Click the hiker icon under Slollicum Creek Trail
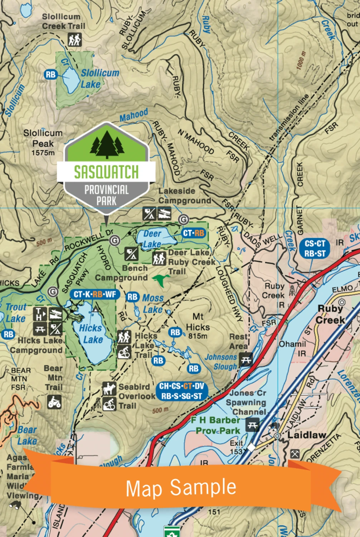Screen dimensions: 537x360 pyautogui.click(x=75, y=40)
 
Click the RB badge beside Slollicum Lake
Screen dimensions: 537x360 pyautogui.click(x=51, y=74)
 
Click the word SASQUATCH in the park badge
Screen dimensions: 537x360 pyautogui.click(x=106, y=172)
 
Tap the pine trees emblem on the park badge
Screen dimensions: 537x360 pyautogui.click(x=107, y=145)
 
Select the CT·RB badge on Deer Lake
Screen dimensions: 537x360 pyautogui.click(x=194, y=233)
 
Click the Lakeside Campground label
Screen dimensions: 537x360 pyautogui.click(x=185, y=196)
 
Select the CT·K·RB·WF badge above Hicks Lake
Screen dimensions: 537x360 pyautogui.click(x=95, y=295)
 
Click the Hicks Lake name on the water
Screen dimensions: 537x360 pyautogui.click(x=91, y=334)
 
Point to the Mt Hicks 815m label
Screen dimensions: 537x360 pyautogui.click(x=198, y=326)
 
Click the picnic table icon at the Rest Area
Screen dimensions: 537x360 pyautogui.click(x=246, y=359)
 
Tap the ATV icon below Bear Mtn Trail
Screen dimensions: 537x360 pyautogui.click(x=54, y=402)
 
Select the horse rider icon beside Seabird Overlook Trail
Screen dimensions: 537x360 pyautogui.click(x=109, y=388)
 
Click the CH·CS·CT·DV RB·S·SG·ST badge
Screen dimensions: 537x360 pyautogui.click(x=181, y=391)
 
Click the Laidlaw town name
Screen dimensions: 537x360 pyautogui.click(x=307, y=435)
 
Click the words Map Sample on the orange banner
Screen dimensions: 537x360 pyautogui.click(x=181, y=488)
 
